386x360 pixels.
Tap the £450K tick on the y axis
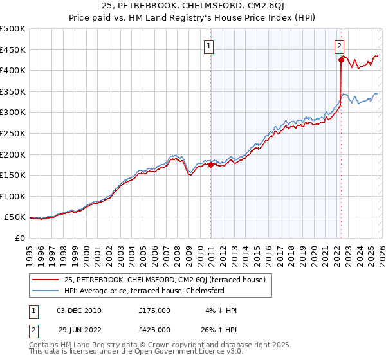13,50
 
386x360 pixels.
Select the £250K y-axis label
13,134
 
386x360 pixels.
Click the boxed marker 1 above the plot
210,46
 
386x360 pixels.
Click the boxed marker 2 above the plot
340,46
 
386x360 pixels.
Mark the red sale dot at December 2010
210,165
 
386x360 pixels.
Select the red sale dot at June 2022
341,60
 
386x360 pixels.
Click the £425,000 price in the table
154,331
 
